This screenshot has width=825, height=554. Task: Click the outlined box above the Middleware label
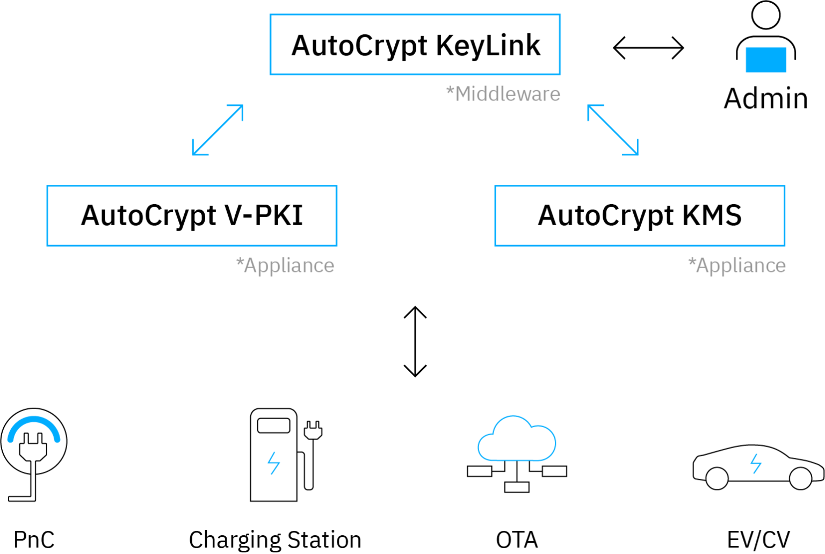[x=415, y=45]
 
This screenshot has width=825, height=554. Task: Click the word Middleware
[x=508, y=94]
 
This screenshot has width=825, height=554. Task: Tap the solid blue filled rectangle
[x=766, y=60]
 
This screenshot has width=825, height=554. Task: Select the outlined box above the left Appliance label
[x=192, y=215]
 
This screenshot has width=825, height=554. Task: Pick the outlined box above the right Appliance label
[x=640, y=215]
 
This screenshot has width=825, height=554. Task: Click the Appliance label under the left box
[x=289, y=265]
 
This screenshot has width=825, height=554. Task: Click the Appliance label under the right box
[x=741, y=265]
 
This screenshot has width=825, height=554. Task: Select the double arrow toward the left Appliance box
[x=218, y=131]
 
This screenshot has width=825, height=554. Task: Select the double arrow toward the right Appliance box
[x=613, y=131]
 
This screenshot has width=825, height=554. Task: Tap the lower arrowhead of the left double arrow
[x=197, y=152]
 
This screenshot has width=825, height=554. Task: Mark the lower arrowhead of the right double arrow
[x=634, y=152]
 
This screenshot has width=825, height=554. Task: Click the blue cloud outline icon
[x=517, y=439]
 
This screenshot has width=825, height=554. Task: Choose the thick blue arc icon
[x=33, y=427]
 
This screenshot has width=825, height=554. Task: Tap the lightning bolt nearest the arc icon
[x=274, y=463]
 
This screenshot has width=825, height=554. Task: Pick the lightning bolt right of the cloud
[x=756, y=464]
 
